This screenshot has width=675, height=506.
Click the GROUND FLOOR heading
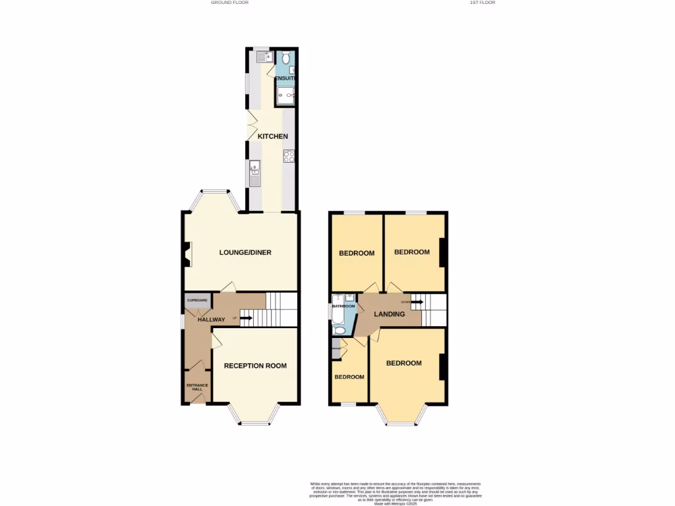coord(229,3)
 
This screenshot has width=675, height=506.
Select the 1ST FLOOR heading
coord(482,3)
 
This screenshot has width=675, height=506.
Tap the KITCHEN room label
coord(272,136)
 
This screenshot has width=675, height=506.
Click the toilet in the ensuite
coord(285,58)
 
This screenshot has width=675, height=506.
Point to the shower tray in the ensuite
coord(285,96)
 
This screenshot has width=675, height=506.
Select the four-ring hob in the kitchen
coord(289,156)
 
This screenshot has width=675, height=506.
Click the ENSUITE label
coord(285,79)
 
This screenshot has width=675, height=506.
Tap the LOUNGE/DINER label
coord(245,252)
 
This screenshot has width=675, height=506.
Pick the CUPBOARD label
coord(197,300)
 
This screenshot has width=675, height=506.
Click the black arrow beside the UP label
coord(245,319)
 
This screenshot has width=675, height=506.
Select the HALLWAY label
coord(211,320)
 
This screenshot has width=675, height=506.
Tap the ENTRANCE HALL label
coord(197,387)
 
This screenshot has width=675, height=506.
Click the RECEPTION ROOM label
coord(255,366)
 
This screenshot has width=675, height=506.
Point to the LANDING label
coord(390,314)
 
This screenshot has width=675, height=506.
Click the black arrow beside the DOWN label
coord(418,302)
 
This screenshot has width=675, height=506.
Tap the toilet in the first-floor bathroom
coord(338,329)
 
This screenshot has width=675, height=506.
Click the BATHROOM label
coord(343,306)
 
